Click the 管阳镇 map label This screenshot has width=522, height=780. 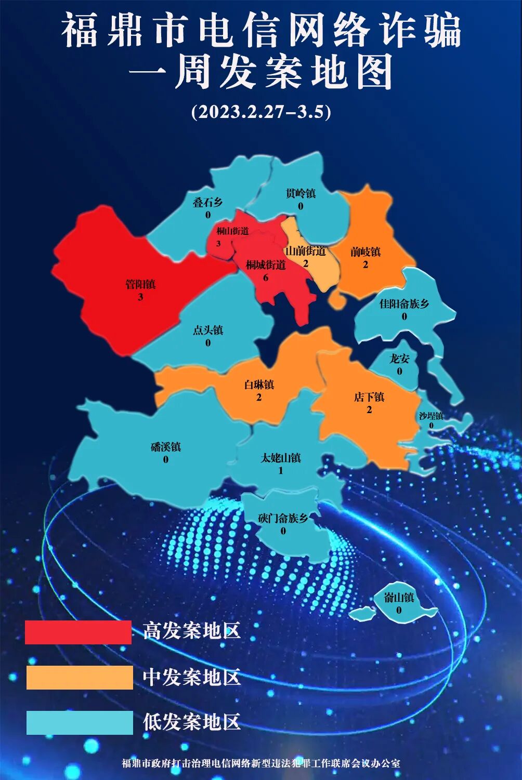pos(140,284)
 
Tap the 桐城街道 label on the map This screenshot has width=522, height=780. pos(266,265)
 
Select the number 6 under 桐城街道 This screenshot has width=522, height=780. pos(266,277)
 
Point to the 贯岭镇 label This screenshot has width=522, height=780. pos(301,193)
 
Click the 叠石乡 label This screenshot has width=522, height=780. pos(207,202)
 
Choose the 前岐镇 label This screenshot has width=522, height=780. pos(365,252)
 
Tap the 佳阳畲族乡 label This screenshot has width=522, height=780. pos(404,303)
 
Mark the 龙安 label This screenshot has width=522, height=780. pos(399,359)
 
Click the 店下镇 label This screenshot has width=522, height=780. pos(369,397)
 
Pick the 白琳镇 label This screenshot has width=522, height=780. pos(259,385)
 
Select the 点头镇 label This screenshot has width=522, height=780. pos(208,330)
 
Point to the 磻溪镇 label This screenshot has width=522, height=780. pos(165,447)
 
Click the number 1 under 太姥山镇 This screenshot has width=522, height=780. pos(281,471)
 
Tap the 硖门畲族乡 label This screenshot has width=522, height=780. pos(283,518)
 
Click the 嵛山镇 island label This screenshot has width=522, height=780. pos(399,598)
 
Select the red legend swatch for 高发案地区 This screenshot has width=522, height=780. pos(78,632)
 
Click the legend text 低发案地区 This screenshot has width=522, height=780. pos(192,722)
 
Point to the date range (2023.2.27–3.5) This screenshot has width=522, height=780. pos(261,112)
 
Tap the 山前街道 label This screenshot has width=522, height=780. pos(306,251)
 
